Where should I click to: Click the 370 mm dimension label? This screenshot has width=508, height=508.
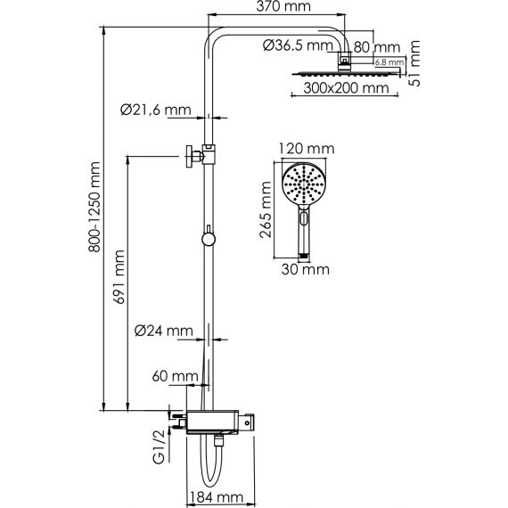(x=283, y=6)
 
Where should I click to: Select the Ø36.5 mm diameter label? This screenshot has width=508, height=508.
(x=298, y=45)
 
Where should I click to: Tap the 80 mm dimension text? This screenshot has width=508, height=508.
(x=377, y=47)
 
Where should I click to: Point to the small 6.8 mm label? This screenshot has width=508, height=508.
(x=389, y=61)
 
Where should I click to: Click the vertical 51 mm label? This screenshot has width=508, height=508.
(x=414, y=63)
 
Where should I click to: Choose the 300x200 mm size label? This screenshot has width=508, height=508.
(x=346, y=88)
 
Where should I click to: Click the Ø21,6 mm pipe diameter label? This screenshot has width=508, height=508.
(x=156, y=110)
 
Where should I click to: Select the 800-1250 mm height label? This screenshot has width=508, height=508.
(x=94, y=207)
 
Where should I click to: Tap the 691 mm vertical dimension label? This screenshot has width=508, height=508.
(x=119, y=277)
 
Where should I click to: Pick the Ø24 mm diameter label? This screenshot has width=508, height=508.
(x=164, y=331)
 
